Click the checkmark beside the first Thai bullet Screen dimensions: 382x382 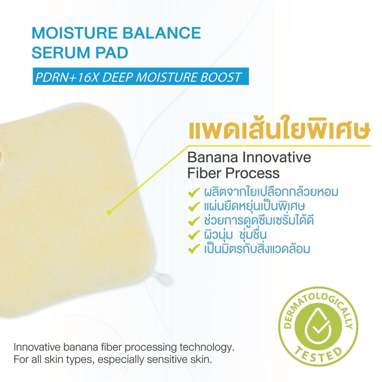click(x=194, y=192)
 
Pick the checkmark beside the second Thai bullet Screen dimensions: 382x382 click(x=194, y=207)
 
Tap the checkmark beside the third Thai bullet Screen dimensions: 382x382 click(x=194, y=221)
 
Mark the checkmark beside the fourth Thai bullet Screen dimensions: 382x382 click(x=194, y=235)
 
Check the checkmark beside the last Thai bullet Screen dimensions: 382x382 click(x=194, y=249)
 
